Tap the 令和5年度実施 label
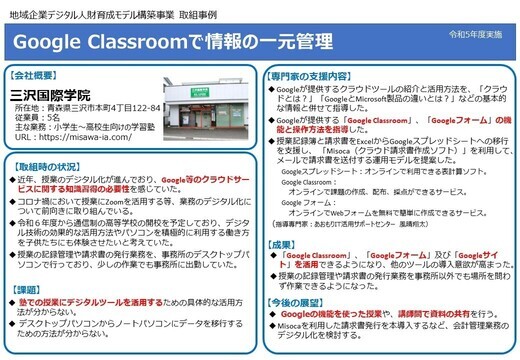[x=480, y=34]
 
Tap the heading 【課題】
[x=33, y=288]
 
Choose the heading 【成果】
[x=285, y=243]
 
